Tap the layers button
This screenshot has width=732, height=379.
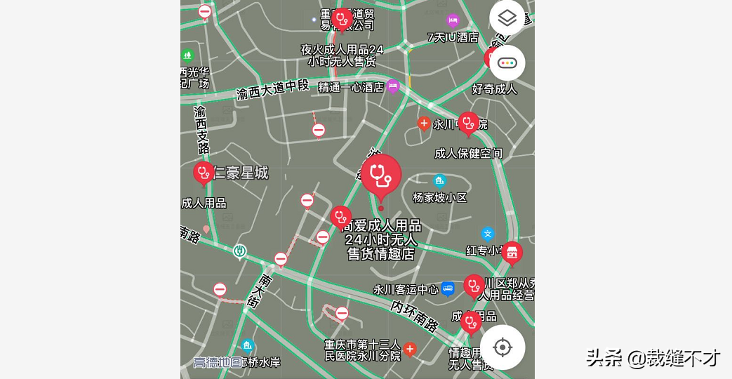(x=507, y=18)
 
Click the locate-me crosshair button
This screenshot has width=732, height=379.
(x=503, y=347)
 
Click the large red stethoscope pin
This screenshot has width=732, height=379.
(x=381, y=175)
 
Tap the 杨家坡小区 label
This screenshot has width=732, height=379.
(x=439, y=198)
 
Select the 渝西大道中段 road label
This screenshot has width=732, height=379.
(x=272, y=88)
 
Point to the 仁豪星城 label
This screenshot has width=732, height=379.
(x=241, y=173)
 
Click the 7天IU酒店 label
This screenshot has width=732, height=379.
(x=453, y=36)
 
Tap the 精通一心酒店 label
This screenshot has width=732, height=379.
(x=351, y=87)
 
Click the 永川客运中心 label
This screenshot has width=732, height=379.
(x=406, y=289)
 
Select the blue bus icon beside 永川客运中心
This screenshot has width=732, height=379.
(x=448, y=288)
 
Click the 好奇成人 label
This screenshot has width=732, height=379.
(x=494, y=89)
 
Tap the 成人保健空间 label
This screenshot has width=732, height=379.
(x=468, y=153)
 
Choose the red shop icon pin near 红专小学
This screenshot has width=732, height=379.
(x=512, y=253)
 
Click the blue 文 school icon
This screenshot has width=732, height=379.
(x=488, y=234)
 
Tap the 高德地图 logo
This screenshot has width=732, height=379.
(x=218, y=362)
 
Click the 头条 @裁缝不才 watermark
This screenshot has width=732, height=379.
(x=653, y=358)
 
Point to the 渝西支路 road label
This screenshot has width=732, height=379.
(x=201, y=130)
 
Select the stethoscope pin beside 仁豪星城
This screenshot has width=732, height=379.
(x=204, y=172)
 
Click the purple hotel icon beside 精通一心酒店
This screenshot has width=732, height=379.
(x=393, y=86)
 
